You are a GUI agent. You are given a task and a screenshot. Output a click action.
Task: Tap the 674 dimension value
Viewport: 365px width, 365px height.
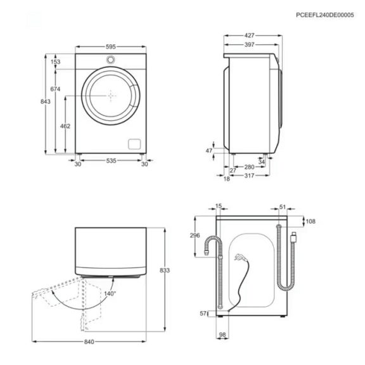click(x=55, y=90)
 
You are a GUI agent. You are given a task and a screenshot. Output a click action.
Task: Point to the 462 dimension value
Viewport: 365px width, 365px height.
click(x=65, y=127)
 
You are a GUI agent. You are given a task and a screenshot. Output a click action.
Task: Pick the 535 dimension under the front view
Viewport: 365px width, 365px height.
click(x=110, y=163)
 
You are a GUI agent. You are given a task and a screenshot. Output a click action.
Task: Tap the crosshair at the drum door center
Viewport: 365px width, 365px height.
click(x=111, y=96)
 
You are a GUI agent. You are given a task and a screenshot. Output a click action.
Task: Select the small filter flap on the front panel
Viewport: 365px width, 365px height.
click(x=134, y=142)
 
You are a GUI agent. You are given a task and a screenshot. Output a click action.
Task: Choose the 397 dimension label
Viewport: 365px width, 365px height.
click(x=248, y=45)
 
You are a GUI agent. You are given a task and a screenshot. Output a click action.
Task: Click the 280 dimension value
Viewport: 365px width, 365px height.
click(x=249, y=167)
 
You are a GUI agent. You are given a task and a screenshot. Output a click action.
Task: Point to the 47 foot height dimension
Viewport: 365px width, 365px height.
click(x=209, y=151)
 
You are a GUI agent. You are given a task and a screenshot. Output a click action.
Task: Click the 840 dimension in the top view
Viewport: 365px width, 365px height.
click(x=89, y=343)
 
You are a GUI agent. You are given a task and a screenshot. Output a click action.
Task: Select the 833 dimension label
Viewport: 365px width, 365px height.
click(x=165, y=270)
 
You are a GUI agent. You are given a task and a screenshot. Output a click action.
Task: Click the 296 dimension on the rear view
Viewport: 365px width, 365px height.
click(x=195, y=235)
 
